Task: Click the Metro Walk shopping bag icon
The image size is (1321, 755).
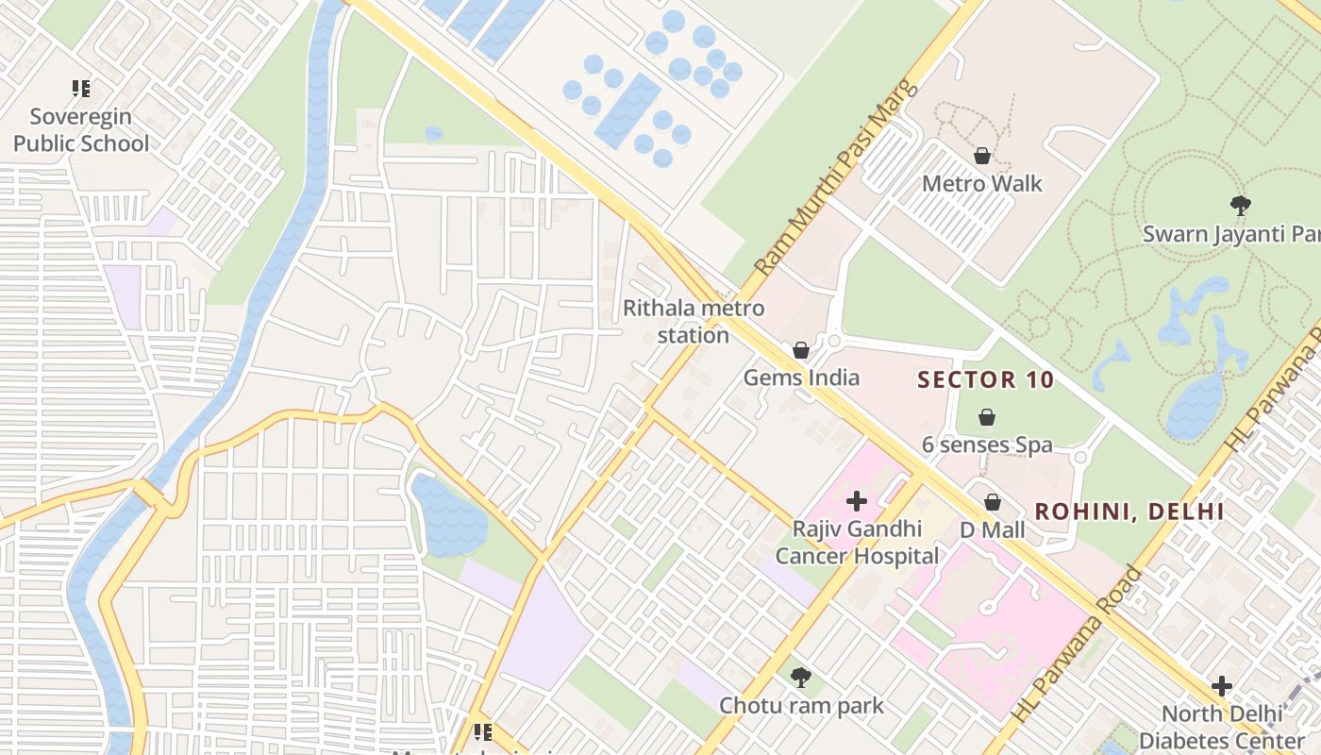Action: click(x=982, y=156)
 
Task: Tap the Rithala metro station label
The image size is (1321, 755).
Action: click(x=694, y=322)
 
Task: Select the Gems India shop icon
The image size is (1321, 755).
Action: click(x=801, y=350)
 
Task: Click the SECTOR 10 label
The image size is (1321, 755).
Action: click(x=986, y=380)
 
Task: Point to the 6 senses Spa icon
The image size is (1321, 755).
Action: click(x=987, y=417)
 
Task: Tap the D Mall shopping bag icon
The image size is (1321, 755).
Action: click(x=993, y=502)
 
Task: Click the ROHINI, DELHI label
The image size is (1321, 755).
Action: click(x=1129, y=512)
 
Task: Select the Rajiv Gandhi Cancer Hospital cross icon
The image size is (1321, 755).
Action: click(x=857, y=501)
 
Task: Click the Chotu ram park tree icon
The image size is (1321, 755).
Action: click(x=801, y=677)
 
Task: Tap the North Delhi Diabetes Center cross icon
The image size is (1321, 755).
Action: click(x=1222, y=685)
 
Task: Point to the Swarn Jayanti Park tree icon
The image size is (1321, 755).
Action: click(x=1241, y=205)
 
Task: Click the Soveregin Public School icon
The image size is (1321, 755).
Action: click(x=81, y=89)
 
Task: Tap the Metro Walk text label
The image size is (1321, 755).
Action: click(x=982, y=183)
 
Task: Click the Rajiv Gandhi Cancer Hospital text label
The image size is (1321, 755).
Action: click(x=857, y=543)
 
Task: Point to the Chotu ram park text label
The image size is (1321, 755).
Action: click(x=801, y=705)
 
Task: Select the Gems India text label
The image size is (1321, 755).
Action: click(x=801, y=377)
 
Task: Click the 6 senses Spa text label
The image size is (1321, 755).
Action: click(x=987, y=445)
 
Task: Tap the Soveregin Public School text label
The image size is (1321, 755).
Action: click(x=81, y=130)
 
